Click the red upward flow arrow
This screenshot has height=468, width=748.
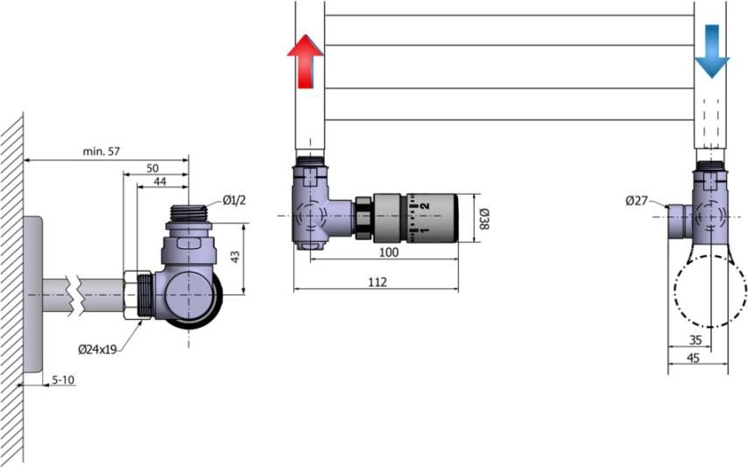(x=306, y=62)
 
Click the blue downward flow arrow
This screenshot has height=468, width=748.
(x=712, y=51)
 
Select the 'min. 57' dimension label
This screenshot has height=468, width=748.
(x=101, y=152)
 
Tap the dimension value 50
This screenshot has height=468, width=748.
(x=152, y=168)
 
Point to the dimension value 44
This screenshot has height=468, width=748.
(x=159, y=181)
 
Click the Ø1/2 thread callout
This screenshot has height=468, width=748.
(x=234, y=201)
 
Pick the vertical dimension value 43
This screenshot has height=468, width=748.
(x=236, y=257)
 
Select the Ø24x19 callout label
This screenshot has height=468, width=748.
(x=97, y=350)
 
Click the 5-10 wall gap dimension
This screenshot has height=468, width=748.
(x=63, y=380)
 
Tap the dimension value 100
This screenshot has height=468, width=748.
(x=388, y=252)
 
